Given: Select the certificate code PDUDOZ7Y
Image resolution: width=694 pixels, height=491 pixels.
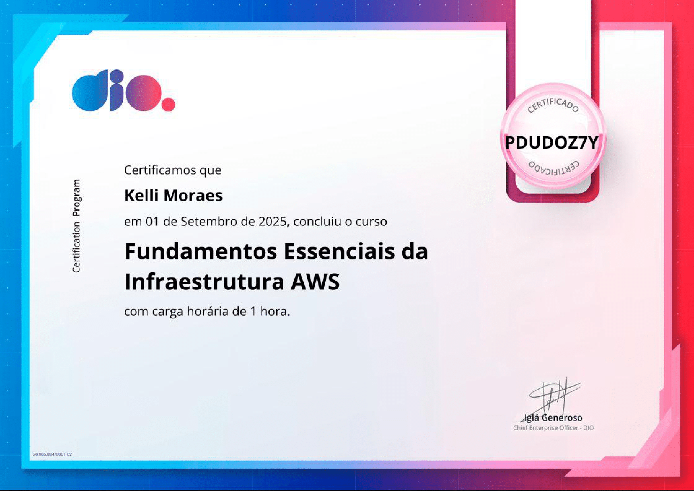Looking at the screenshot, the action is point(552,142).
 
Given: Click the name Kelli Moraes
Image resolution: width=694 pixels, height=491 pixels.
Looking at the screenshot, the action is point(173,195).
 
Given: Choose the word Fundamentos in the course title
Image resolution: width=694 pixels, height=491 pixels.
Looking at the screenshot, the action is point(200,251).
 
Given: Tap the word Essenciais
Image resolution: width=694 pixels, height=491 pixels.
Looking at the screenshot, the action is point(339,251).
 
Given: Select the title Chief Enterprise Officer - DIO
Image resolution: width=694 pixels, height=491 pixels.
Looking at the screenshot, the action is point(553,428).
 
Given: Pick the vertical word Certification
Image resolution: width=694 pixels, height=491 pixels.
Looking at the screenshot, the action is point(76,247).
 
